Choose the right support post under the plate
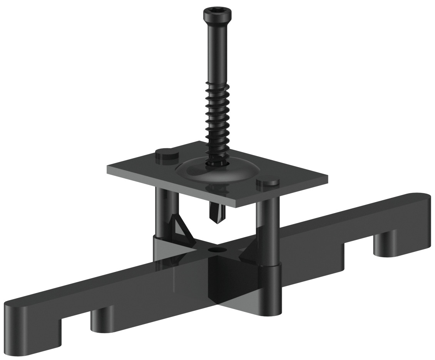[268, 231]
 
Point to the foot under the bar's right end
[385, 246]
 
